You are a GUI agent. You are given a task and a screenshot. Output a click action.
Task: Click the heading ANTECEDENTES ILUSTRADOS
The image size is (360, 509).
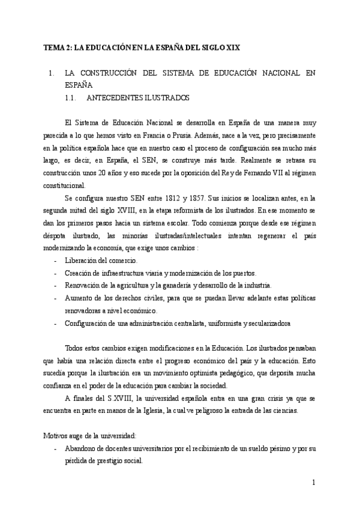point(138,97)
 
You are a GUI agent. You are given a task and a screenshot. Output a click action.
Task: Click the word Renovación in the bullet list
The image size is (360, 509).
point(83,286)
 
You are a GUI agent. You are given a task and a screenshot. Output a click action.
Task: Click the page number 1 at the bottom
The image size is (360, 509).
point(313,483)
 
